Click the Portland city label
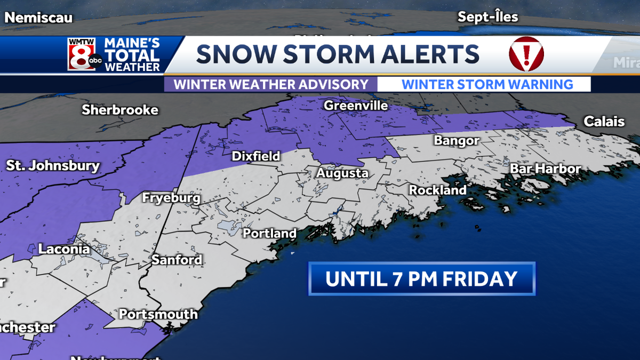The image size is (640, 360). tap(270, 234)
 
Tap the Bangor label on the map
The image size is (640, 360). tap(457, 141)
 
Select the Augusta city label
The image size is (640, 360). tap(342, 173)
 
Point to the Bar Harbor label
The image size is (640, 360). tap(545, 169)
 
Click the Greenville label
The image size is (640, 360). tap(356, 106)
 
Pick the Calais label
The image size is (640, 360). tap(604, 122)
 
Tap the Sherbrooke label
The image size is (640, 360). tap(120, 110)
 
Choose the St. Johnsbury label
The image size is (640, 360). tap(53, 165)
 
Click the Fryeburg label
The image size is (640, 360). tap(171, 198)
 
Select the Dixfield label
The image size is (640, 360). tap(256, 156)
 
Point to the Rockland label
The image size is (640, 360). tap(437, 190)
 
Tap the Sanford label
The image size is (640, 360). tap(177, 260)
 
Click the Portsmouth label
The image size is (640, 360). tap(158, 314)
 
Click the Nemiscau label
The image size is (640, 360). tap(38, 18)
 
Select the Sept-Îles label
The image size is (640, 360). tap(487, 17)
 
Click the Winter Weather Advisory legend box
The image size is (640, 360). tap(271, 84)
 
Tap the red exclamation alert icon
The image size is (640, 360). tap(526, 54)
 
